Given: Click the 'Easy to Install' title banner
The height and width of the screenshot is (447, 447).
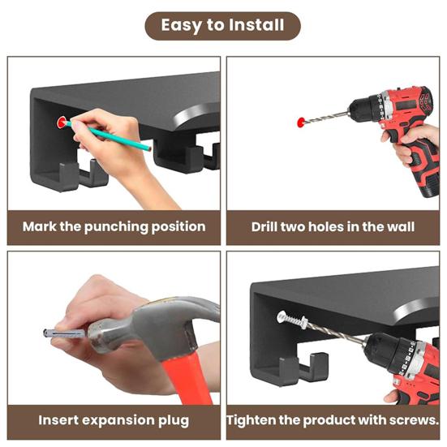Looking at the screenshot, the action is click(x=222, y=26).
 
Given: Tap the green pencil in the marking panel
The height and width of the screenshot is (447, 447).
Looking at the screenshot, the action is click(x=109, y=135).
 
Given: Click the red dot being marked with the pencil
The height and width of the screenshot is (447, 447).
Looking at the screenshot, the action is click(x=62, y=122).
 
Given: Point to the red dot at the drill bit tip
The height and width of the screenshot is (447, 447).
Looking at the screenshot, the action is click(x=301, y=122).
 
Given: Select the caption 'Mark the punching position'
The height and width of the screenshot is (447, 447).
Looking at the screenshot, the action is click(x=114, y=227).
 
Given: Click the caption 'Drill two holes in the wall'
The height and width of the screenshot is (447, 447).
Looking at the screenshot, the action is click(x=333, y=227).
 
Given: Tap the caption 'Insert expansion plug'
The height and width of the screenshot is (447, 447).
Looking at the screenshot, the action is click(x=114, y=420).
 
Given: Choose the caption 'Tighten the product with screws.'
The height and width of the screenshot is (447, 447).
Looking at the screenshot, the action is click(x=333, y=420).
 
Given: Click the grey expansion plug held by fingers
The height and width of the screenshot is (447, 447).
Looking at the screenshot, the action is click(x=64, y=333).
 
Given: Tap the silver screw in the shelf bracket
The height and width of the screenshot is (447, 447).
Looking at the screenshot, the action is click(x=292, y=319).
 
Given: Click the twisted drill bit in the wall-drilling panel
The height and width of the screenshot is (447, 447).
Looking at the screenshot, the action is click(x=326, y=118).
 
